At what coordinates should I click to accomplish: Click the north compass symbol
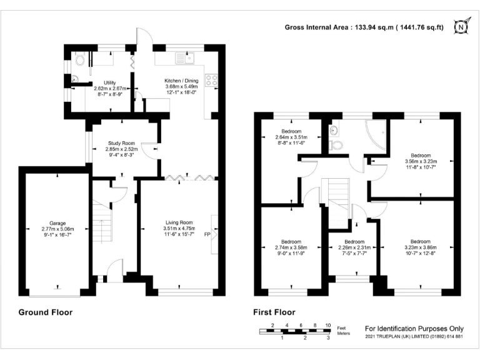(461, 27)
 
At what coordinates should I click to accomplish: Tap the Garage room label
(57, 223)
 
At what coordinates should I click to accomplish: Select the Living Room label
(179, 222)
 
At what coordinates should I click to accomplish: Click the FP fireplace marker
(207, 234)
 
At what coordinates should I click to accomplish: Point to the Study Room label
(121, 143)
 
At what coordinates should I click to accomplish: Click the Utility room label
(109, 82)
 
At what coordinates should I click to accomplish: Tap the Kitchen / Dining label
(181, 81)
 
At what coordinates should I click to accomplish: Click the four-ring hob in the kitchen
(211, 80)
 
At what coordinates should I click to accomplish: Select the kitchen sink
(185, 57)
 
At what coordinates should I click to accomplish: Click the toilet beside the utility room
(79, 59)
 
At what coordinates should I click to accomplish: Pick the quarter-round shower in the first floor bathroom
(376, 135)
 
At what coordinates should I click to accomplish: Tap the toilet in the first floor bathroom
(336, 145)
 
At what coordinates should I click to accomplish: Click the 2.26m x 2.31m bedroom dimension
(354, 247)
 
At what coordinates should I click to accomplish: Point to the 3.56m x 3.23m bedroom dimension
(421, 161)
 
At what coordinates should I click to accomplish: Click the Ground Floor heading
(46, 312)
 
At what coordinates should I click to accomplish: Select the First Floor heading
(274, 312)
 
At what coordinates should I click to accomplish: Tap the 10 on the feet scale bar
(328, 326)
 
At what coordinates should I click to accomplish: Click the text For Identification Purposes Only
(414, 329)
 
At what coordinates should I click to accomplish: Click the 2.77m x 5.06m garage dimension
(58, 229)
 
